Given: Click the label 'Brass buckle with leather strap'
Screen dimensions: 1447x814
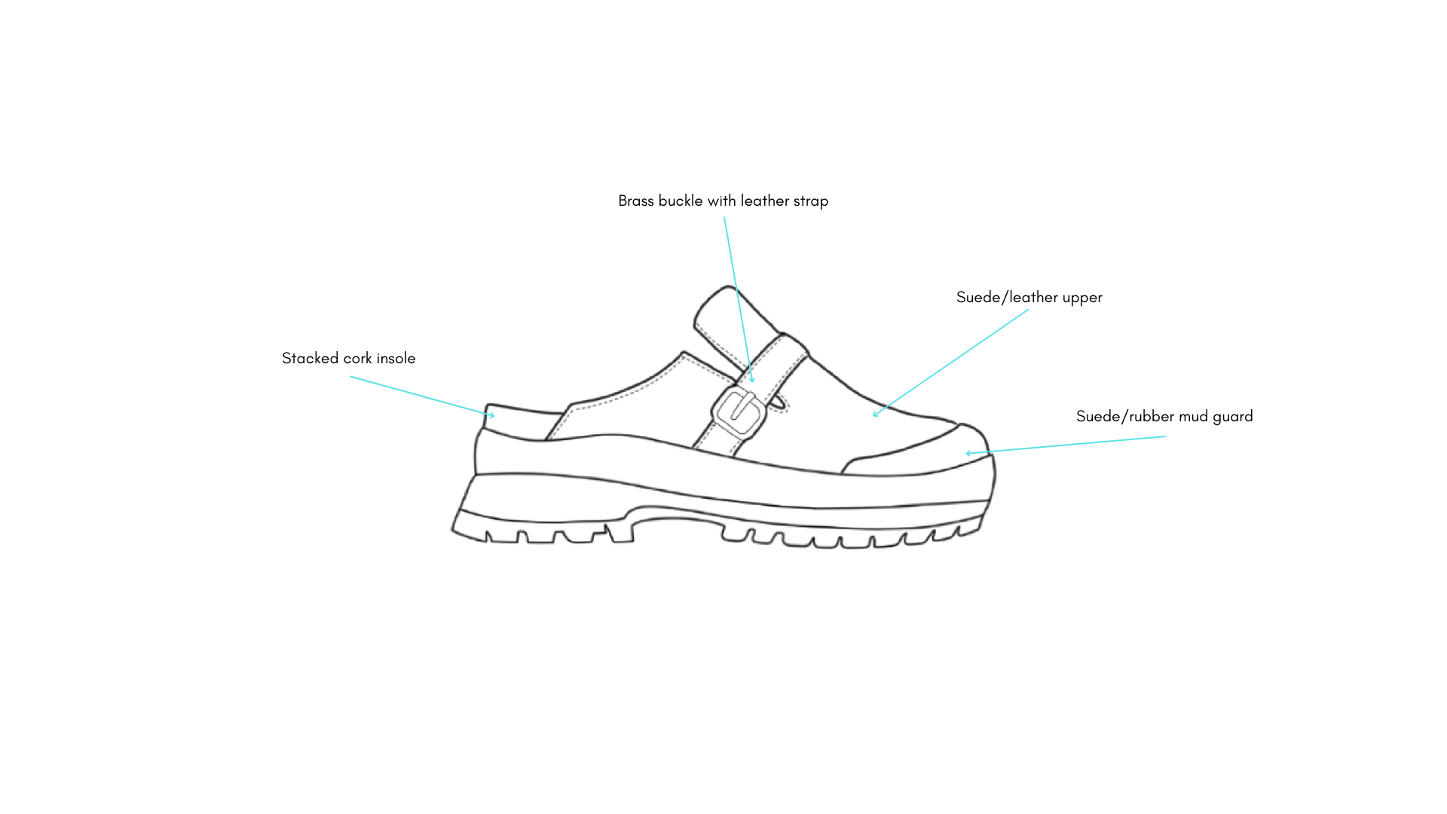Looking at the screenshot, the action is [723, 201].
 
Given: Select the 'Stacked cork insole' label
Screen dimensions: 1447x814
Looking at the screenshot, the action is [348, 359].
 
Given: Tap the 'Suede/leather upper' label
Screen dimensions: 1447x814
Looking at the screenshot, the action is [1029, 298].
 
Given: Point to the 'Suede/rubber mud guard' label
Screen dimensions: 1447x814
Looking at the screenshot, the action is [1164, 417].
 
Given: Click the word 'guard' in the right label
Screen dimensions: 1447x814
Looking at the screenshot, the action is [1233, 417].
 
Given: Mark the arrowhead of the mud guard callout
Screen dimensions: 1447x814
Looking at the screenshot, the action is [968, 453].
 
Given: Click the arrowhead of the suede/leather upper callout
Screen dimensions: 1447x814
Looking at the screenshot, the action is [874, 415].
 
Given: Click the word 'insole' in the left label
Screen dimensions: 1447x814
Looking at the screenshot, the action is [396, 359].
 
